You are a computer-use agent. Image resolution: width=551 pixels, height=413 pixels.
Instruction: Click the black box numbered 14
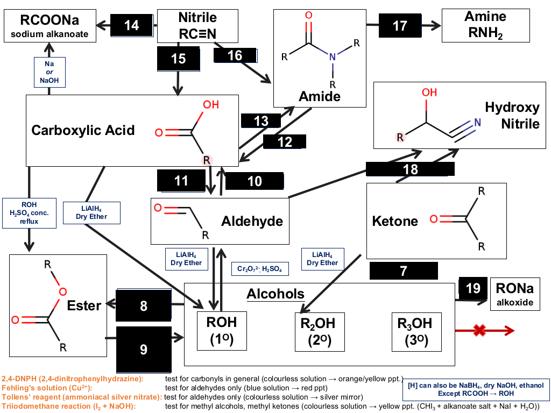coord(132,25)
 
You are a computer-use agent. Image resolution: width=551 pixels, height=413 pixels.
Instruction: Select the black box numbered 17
coord(400,26)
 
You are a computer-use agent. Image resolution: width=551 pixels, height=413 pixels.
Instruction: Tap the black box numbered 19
coord(473,288)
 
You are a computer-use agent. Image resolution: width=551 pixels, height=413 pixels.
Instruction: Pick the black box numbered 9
coord(144,350)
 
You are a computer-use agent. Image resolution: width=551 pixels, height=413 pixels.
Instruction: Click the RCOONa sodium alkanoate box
coord(50,26)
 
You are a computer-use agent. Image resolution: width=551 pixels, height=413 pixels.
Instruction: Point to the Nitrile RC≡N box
coord(197,26)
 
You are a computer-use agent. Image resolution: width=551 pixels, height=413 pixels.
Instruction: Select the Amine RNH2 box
coord(486,26)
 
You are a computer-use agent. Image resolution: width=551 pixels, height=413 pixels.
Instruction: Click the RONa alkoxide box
coord(515,294)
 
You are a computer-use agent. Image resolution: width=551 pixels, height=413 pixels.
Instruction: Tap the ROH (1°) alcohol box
coord(222,331)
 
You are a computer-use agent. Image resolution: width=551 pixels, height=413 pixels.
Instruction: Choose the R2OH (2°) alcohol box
coord(320,332)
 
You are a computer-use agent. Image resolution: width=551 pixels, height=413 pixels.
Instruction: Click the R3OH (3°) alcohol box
coord(416,332)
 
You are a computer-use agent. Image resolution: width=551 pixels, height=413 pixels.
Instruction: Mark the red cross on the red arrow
coord(479,330)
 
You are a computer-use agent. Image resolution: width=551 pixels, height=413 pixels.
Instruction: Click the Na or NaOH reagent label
coord(50,72)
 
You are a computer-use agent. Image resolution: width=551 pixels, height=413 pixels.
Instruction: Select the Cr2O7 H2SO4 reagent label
coord(260,269)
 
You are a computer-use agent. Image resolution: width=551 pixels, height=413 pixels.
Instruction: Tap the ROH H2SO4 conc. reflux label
coord(29,213)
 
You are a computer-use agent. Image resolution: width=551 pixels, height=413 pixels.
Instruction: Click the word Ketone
coord(395,221)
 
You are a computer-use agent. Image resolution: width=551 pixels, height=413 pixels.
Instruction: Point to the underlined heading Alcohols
coord(275,294)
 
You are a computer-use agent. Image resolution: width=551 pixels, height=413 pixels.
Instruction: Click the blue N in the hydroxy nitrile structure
coord(478,122)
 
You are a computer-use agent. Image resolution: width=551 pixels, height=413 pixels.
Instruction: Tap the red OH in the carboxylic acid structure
coord(211,105)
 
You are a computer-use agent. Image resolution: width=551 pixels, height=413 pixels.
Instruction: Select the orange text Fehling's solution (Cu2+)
coord(47,388)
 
